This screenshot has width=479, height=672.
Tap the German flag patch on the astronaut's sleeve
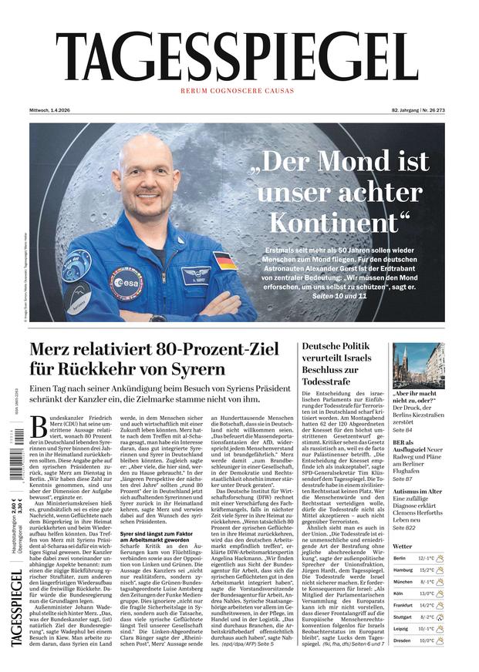(225, 260)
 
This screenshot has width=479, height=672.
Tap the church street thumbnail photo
(419, 366)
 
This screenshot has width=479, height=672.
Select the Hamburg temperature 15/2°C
(427, 570)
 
